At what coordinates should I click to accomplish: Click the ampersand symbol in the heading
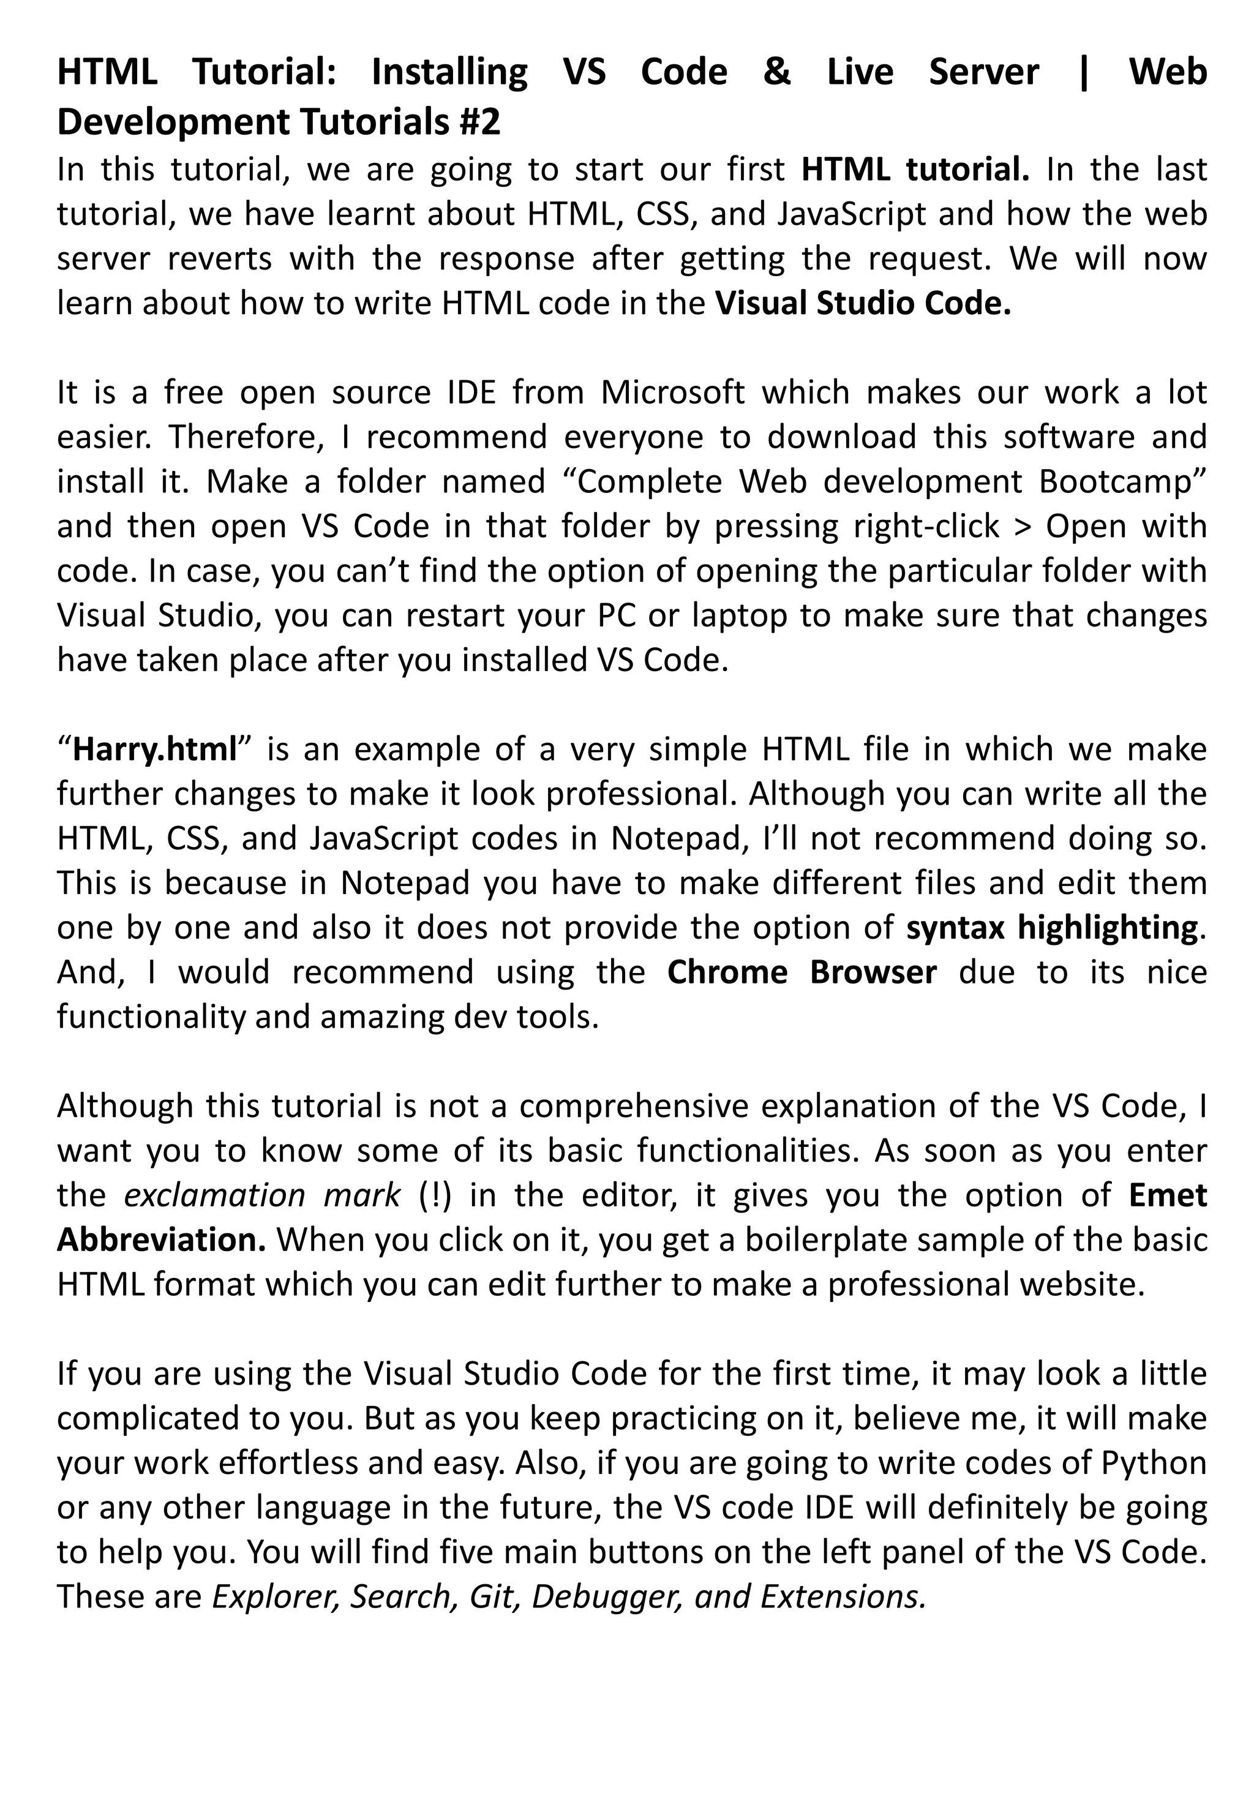[776, 72]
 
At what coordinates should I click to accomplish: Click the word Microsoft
[672, 392]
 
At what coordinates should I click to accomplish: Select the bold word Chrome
[727, 972]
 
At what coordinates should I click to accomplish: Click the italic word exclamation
[214, 1195]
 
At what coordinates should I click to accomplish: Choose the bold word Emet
[1168, 1195]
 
